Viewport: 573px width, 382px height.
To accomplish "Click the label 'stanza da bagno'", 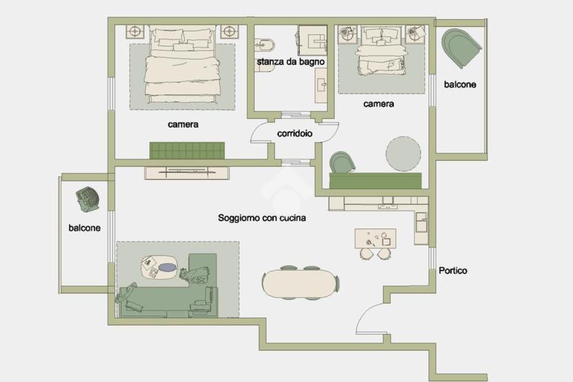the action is coord(290,62).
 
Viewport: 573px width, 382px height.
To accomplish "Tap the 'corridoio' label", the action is coord(294,133).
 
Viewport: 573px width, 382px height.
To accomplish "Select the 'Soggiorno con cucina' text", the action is coord(262,218).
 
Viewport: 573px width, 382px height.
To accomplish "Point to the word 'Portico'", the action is coord(453,271).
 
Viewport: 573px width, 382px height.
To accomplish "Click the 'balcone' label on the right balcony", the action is coord(460,84).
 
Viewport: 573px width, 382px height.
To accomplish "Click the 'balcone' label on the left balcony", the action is coord(84,227).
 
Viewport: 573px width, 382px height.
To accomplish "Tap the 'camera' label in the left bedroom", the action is coord(183,124).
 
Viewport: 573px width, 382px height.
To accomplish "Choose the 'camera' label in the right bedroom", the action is coord(379,104).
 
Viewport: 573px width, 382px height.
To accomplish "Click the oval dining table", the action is coord(299,283).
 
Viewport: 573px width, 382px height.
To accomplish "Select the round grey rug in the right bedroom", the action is coord(403,153).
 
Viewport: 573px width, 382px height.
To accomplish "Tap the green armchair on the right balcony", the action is coord(461,48).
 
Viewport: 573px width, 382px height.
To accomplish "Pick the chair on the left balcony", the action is coord(87,199).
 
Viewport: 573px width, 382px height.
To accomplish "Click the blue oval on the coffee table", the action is coord(168,268).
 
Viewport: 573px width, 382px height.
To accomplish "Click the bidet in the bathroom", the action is coord(265,45).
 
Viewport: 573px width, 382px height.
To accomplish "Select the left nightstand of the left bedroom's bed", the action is coord(135,31).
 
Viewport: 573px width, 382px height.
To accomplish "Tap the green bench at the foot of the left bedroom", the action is coord(187,150).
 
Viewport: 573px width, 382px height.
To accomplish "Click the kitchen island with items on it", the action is coord(375,238).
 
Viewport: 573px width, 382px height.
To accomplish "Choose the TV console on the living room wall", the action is coord(187,173).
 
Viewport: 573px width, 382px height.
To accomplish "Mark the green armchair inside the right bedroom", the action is coord(342,162).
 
